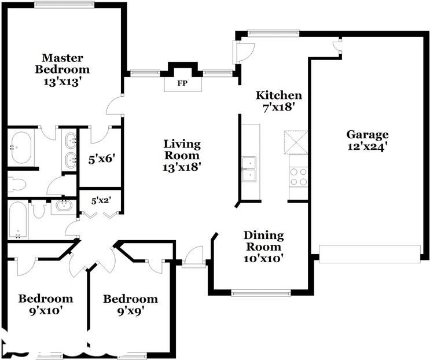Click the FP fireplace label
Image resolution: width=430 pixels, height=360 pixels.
pyautogui.click(x=182, y=83)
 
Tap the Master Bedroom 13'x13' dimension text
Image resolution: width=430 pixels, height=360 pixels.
pyautogui.click(x=63, y=82)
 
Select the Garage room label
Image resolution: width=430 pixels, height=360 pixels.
pyautogui.click(x=367, y=135)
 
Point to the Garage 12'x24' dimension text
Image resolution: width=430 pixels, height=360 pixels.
pyautogui.click(x=367, y=146)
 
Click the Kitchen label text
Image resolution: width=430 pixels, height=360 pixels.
pyautogui.click(x=278, y=95)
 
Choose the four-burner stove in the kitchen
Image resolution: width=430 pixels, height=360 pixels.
pyautogui.click(x=299, y=177)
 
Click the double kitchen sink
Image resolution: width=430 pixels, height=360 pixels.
pyautogui.click(x=249, y=169)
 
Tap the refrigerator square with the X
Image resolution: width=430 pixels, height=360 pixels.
pyautogui.click(x=296, y=142)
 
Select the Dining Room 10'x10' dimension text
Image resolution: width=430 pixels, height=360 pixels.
pyautogui.click(x=263, y=258)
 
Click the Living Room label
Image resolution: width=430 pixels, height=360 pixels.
pyautogui.click(x=182, y=150)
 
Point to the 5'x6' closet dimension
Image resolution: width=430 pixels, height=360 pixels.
pyautogui.click(x=101, y=159)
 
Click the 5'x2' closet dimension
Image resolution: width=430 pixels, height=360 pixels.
pyautogui.click(x=101, y=201)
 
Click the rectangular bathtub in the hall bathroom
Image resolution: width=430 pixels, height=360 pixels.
pyautogui.click(x=18, y=219)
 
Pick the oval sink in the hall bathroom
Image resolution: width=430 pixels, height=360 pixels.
pyautogui.click(x=64, y=205)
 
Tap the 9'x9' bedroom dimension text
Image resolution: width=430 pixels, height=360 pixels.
pyautogui.click(x=131, y=311)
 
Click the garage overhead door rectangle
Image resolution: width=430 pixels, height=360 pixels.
pyautogui.click(x=370, y=254)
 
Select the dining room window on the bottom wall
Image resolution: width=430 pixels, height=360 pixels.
pyautogui.click(x=261, y=293)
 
